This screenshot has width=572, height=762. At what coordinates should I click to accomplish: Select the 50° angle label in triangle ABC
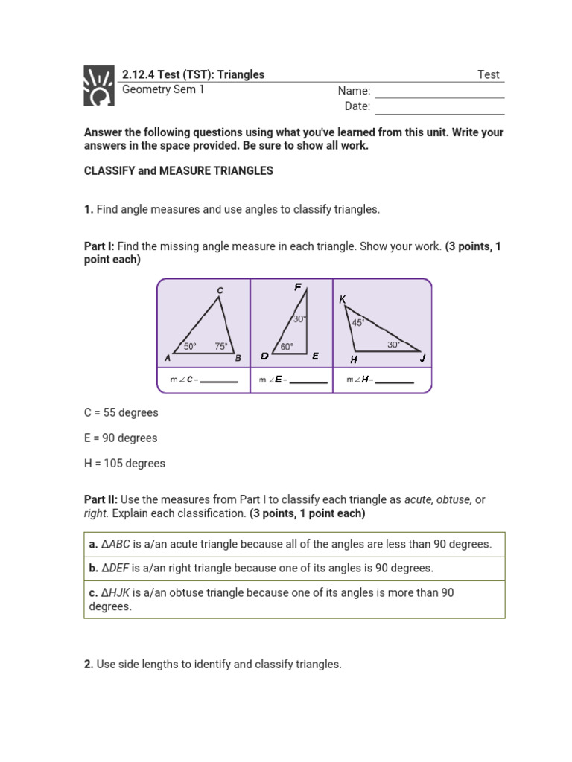tap(190, 346)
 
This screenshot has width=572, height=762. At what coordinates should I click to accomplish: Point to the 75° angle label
tap(221, 346)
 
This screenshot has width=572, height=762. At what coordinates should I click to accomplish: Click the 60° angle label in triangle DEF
tap(287, 346)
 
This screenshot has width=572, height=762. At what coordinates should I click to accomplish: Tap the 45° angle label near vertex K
tap(358, 322)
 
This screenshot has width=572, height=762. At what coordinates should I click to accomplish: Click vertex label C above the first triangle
tap(220, 289)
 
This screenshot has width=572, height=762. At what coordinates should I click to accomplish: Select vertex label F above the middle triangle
tap(298, 286)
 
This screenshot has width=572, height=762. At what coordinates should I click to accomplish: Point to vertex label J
tap(422, 358)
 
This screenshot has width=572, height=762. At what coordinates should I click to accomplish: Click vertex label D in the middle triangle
tap(264, 356)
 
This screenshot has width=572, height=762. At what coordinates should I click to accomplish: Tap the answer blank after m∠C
tap(219, 382)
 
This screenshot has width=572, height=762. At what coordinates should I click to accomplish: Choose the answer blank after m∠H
tap(395, 382)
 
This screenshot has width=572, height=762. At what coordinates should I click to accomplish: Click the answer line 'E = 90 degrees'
tap(121, 438)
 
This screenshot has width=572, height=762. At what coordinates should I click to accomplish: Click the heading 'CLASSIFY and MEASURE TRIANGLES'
tap(179, 170)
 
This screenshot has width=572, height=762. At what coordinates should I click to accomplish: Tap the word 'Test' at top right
tap(489, 74)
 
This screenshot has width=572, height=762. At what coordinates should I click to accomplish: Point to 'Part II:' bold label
tap(101, 499)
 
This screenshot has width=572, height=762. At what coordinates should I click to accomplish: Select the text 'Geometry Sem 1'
tap(162, 89)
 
